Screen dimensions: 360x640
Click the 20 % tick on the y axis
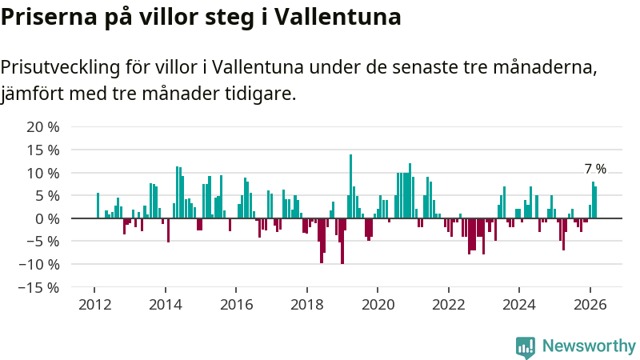[x=43, y=127]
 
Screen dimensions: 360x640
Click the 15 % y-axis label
[x=43, y=150]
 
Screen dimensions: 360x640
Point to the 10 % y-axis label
[x=43, y=173]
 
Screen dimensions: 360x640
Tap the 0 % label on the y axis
[x=48, y=218]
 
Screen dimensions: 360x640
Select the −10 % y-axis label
[x=39, y=264]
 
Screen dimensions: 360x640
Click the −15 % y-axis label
[x=39, y=287]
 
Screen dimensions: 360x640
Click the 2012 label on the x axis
[x=94, y=304]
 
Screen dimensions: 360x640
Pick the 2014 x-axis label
[x=166, y=304]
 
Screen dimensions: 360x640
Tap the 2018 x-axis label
[x=306, y=304]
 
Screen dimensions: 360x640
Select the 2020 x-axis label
[x=378, y=304]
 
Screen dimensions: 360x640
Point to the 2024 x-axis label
[x=518, y=304]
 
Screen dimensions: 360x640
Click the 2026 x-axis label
[x=590, y=304]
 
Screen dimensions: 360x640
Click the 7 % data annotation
[x=595, y=169]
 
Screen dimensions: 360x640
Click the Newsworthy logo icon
[x=526, y=346]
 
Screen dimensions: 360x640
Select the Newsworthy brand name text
[x=589, y=346]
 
